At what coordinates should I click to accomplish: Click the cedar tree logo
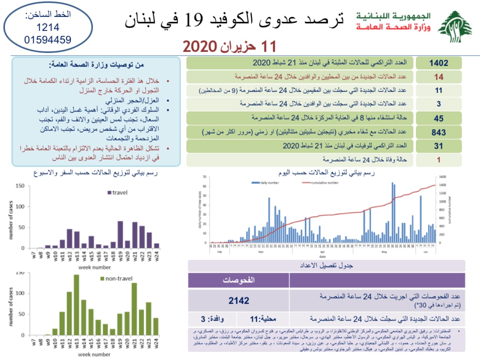pyautogui.click(x=455, y=27)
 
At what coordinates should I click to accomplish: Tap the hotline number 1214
pyautogui.click(x=48, y=27)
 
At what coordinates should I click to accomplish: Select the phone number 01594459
pyautogui.click(x=48, y=39)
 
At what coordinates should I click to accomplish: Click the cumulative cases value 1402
pyautogui.click(x=438, y=63)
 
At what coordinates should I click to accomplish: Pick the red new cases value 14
pyautogui.click(x=438, y=77)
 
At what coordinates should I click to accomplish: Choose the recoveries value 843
pyautogui.click(x=438, y=132)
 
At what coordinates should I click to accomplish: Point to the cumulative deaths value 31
pyautogui.click(x=438, y=146)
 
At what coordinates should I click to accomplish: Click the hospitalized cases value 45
pyautogui.click(x=438, y=118)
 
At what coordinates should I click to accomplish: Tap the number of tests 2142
pyautogui.click(x=239, y=301)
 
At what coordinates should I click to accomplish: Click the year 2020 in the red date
pyautogui.click(x=200, y=47)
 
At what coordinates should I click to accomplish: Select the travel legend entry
pyautogui.click(x=118, y=193)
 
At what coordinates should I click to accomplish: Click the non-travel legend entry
pyautogui.click(x=117, y=279)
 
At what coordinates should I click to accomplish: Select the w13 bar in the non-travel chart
pyautogui.click(x=76, y=305)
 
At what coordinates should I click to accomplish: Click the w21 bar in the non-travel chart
pyautogui.click(x=134, y=309)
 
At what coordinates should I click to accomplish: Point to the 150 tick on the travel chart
pyautogui.click(x=20, y=186)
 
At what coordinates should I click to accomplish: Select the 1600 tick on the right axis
pyautogui.click(x=442, y=177)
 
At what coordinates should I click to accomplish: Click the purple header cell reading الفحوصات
pyautogui.click(x=239, y=280)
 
